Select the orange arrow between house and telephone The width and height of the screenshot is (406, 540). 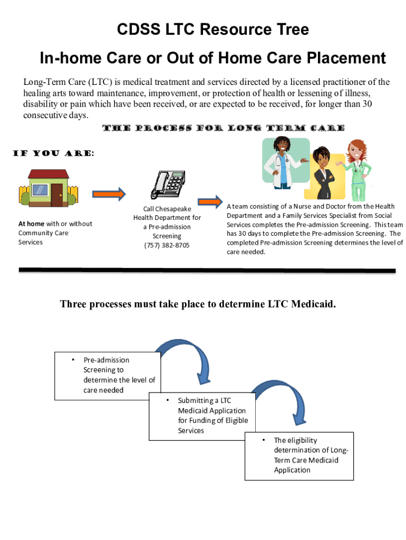110,194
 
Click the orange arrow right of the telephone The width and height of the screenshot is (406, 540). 210,201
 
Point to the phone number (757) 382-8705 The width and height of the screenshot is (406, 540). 167,246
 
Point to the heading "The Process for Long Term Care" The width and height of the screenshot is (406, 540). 223,128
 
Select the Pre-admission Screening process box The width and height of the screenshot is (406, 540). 108,375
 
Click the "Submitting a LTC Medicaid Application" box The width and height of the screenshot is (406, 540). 202,416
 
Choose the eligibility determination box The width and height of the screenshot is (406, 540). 299,455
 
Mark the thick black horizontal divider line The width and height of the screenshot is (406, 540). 207,271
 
